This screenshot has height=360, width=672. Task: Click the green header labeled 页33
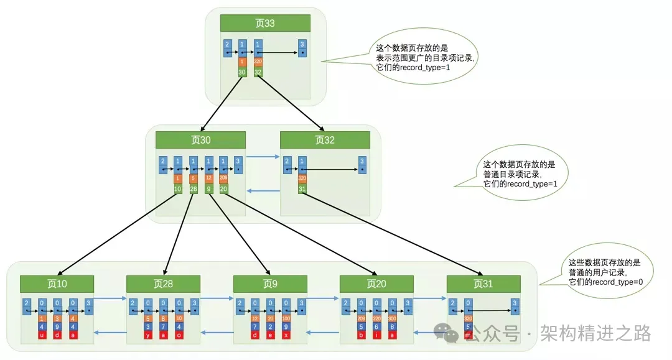[265, 24]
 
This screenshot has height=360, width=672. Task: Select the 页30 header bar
[200, 140]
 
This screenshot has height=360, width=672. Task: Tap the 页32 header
[325, 140]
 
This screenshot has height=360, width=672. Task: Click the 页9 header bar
[270, 284]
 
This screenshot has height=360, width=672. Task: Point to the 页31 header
[483, 284]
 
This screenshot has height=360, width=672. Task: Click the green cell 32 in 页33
[258, 72]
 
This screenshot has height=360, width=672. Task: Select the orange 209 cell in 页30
[223, 178]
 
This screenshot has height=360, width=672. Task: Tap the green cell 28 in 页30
[194, 188]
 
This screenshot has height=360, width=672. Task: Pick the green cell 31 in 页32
[302, 188]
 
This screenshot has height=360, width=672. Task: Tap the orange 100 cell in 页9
[286, 318]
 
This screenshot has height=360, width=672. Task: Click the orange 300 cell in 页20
[392, 318]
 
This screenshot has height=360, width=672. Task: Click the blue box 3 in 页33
[302, 47]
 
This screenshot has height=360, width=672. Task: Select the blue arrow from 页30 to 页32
[261, 157]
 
